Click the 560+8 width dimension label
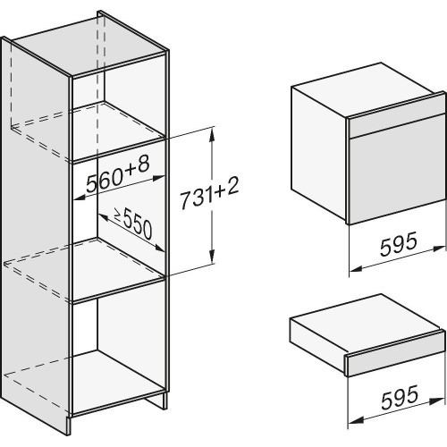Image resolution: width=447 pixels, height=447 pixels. pyautogui.click(x=117, y=175)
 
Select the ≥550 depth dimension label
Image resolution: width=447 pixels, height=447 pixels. pyautogui.click(x=133, y=223)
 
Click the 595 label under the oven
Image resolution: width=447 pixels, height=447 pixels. pyautogui.click(x=399, y=244)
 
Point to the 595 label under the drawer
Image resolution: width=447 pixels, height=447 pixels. pyautogui.click(x=400, y=397)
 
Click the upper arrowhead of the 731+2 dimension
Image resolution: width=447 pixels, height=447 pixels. pyautogui.click(x=212, y=134)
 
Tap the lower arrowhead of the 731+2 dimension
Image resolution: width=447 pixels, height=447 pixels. pyautogui.click(x=212, y=257)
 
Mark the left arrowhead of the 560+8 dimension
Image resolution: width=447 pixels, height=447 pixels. pyautogui.click(x=80, y=197)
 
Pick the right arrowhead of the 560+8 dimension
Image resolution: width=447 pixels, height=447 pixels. pyautogui.click(x=158, y=178)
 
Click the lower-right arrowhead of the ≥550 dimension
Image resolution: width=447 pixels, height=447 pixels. pyautogui.click(x=158, y=248)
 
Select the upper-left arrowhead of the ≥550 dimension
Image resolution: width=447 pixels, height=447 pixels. pyautogui.click(x=104, y=216)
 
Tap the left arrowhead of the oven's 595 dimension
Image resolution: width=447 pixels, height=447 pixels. pyautogui.click(x=356, y=269)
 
